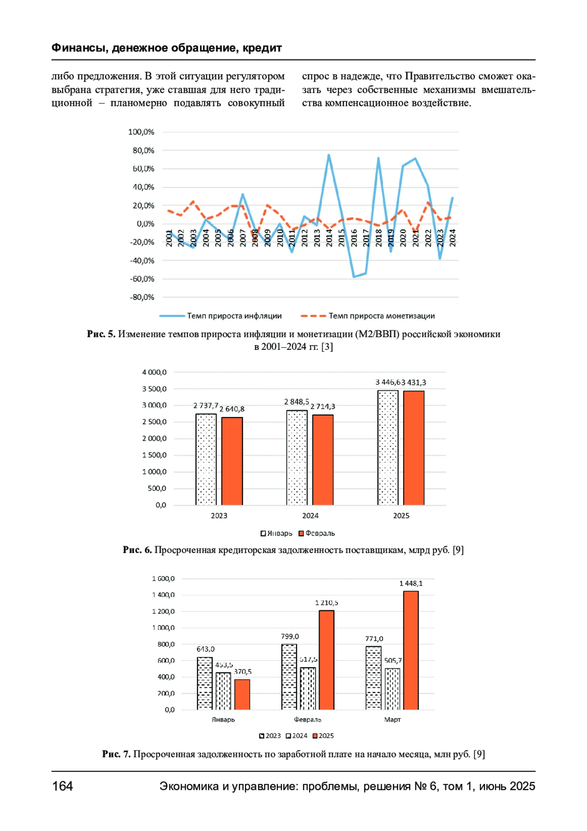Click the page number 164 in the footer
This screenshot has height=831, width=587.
[63, 786]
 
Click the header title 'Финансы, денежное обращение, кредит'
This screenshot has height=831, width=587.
[166, 48]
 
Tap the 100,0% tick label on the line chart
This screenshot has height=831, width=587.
[141, 132]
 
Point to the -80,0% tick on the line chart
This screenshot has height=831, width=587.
[142, 297]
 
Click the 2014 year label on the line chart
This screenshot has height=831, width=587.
[329, 238]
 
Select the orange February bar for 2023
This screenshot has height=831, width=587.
[232, 461]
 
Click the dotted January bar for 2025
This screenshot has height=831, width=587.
[387, 447]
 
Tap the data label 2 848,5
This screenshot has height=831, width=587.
[296, 402]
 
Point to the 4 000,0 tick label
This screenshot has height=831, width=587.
[154, 372]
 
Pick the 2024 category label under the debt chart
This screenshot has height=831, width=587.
[310, 516]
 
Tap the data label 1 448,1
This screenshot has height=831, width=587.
[411, 583]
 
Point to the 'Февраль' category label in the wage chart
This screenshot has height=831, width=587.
[308, 719]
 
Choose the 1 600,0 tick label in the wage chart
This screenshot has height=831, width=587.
[163, 579]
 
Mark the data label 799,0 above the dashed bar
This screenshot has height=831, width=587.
[290, 637]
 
